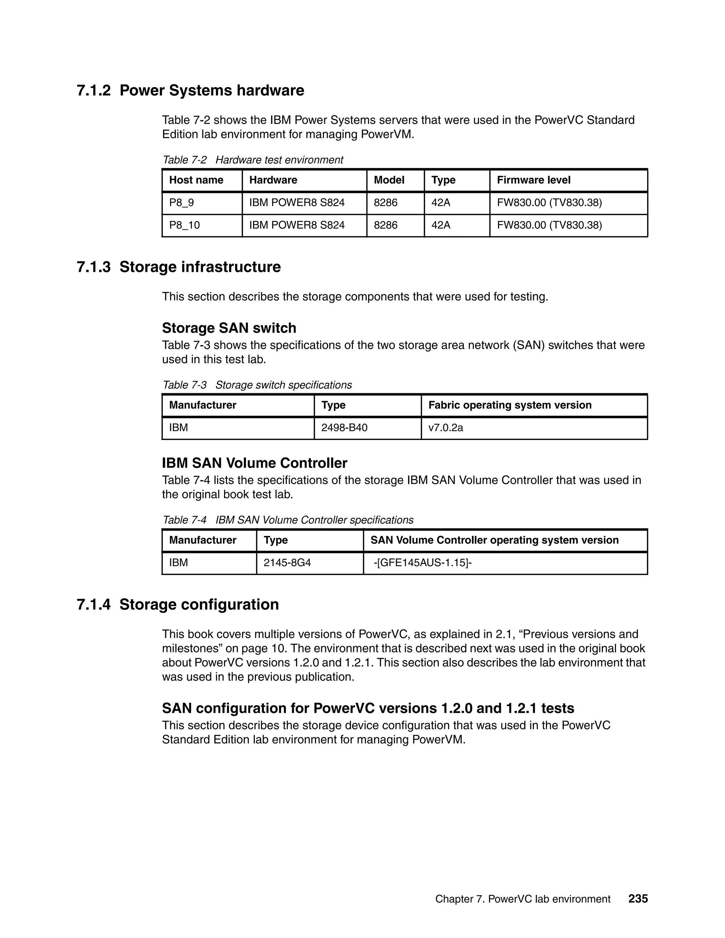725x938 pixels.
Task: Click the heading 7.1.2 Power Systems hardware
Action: point(190,90)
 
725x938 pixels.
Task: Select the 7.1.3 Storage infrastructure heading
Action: point(179,267)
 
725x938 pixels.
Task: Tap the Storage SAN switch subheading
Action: point(229,328)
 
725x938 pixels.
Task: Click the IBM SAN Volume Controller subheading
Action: point(254,463)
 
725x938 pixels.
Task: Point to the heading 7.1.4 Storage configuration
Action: point(178,604)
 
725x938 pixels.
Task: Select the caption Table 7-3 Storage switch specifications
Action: point(257,385)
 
